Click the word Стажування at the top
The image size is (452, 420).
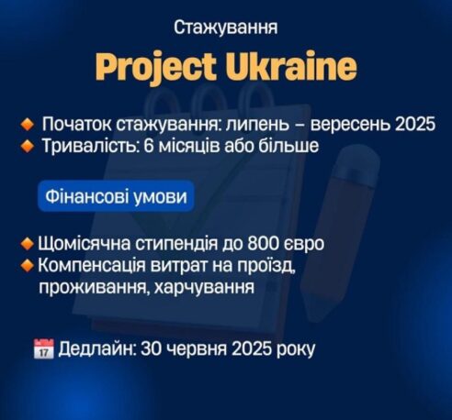tap(226, 28)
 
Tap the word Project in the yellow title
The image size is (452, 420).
tap(158, 67)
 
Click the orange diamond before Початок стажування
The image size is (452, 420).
tap(28, 126)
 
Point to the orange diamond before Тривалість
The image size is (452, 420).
tap(28, 147)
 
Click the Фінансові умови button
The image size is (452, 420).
tap(117, 196)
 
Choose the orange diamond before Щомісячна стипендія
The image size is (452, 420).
tap(28, 244)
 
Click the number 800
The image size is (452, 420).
tap(266, 244)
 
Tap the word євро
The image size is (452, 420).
tap(306, 245)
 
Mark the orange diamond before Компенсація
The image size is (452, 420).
tap(28, 265)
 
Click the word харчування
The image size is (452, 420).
tap(204, 287)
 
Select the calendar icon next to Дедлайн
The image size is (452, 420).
tap(44, 348)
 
